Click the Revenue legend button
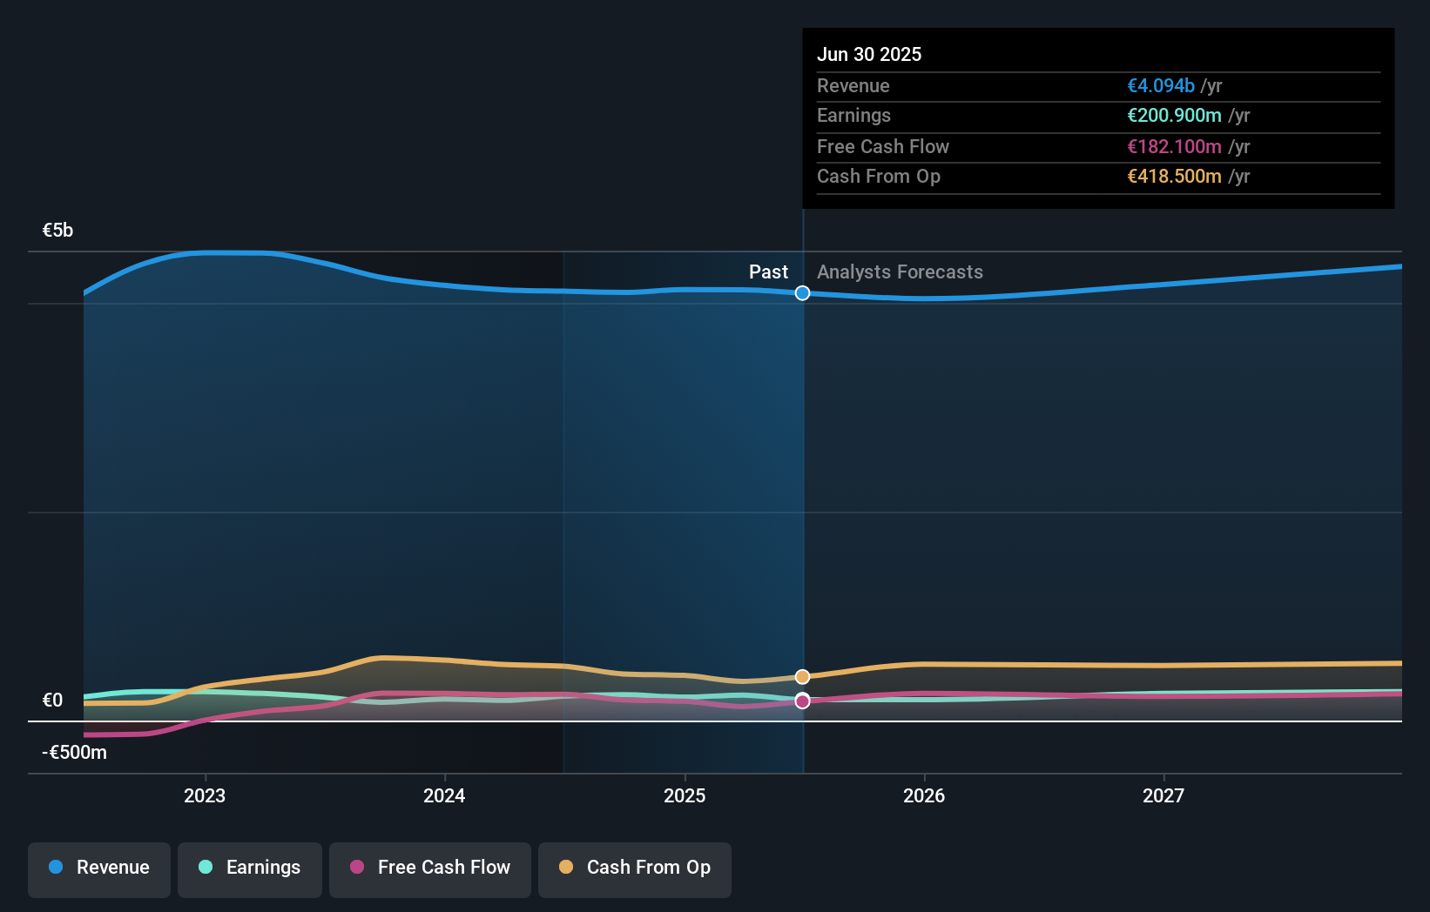pyautogui.click(x=99, y=868)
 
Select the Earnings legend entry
pyautogui.click(x=250, y=868)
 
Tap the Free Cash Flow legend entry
pyautogui.click(x=430, y=868)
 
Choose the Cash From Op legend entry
pyautogui.click(x=635, y=868)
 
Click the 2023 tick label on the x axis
pyautogui.click(x=205, y=795)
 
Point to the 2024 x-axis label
pyautogui.click(x=444, y=795)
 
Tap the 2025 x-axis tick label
pyautogui.click(x=685, y=795)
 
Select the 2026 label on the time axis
pyautogui.click(x=924, y=795)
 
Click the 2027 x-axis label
pyautogui.click(x=1164, y=795)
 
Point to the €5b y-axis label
pyautogui.click(x=57, y=231)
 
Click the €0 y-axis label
pyautogui.click(x=52, y=701)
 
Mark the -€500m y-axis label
pyautogui.click(x=74, y=753)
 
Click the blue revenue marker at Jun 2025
pyautogui.click(x=802, y=293)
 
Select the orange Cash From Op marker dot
pyautogui.click(x=802, y=676)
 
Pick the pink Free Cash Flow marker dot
pyautogui.click(x=802, y=701)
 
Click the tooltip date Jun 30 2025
pyautogui.click(x=868, y=54)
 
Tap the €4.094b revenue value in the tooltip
pyautogui.click(x=1161, y=86)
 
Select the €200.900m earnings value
pyautogui.click(x=1174, y=116)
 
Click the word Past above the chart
pyautogui.click(x=768, y=272)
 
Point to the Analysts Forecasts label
pyautogui.click(x=900, y=272)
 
